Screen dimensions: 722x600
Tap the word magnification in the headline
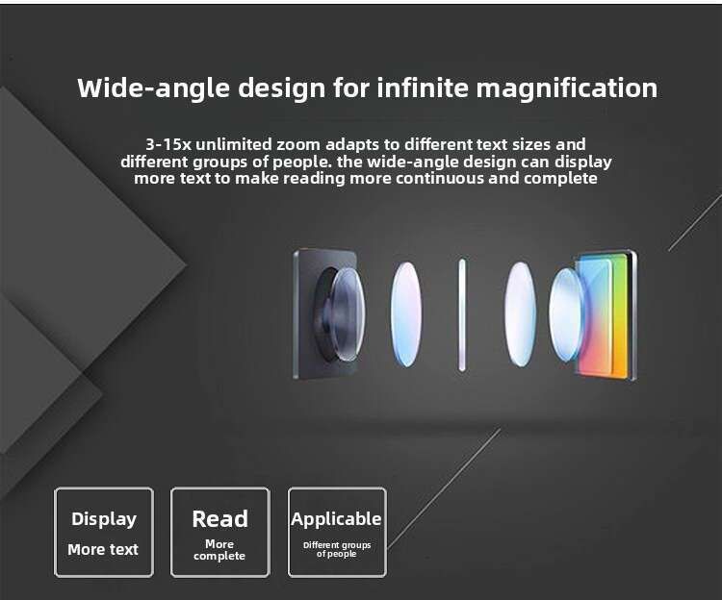point(567,87)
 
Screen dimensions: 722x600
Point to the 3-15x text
point(168,144)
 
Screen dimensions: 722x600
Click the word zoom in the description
point(297,144)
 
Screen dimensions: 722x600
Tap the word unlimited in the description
point(234,144)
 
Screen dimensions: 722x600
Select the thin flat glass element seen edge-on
point(462,315)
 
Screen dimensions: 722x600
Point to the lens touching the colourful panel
point(566,315)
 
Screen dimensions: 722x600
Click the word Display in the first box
point(104,519)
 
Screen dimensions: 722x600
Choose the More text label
point(103,549)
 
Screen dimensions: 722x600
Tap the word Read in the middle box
point(220,519)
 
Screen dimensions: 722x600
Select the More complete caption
point(219,550)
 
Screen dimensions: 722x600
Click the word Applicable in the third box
point(336,519)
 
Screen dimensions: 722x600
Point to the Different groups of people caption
point(337,549)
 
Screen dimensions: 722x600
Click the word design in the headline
point(281,88)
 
